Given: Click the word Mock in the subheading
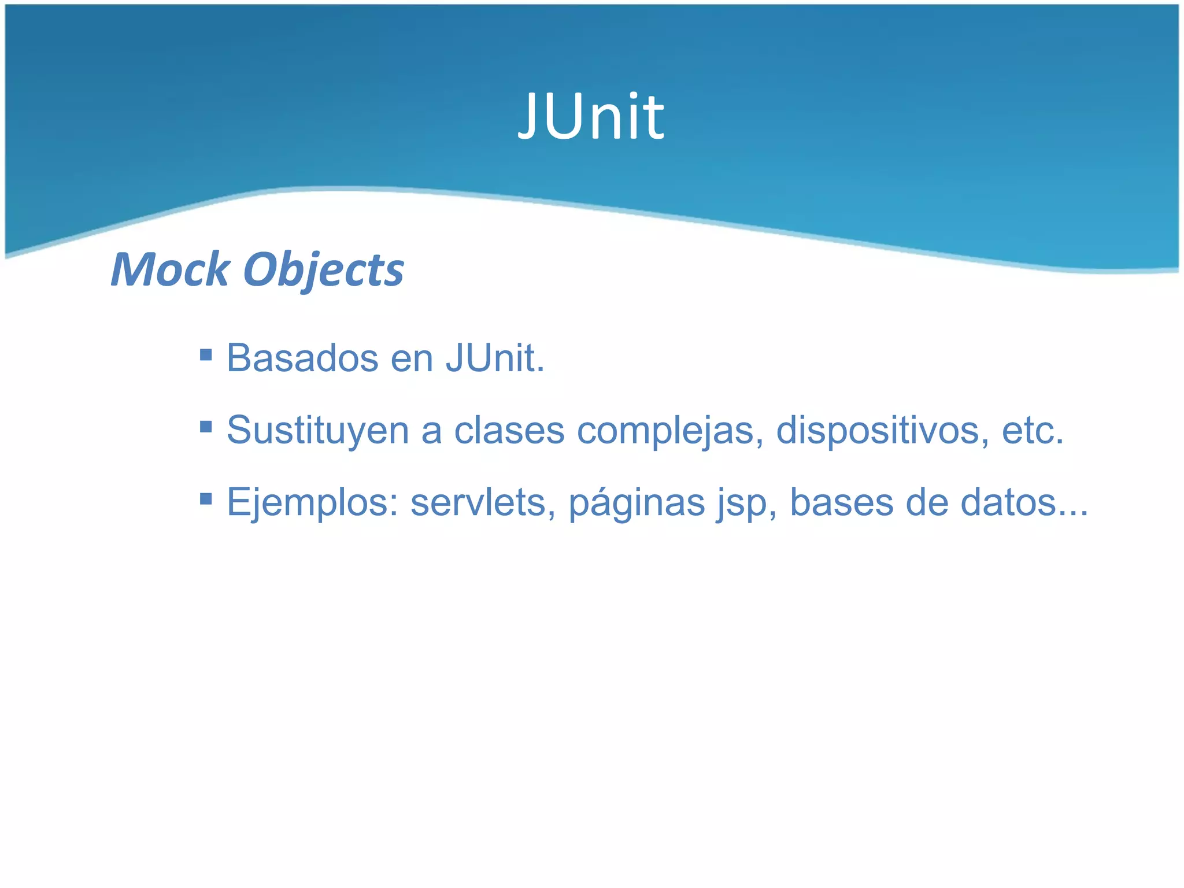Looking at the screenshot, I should pos(170,269).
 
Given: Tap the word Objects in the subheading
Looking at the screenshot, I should pos(323,271).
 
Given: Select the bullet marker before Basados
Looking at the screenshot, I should pos(205,354).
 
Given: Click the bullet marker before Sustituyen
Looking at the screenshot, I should pos(205,427).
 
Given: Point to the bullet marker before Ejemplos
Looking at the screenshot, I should pos(205,498).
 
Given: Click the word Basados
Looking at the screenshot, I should pos(302,358).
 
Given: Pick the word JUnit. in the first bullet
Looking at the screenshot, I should pos(495,358).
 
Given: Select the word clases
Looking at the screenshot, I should pos(509,431).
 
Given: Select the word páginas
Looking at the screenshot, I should pos(637,503).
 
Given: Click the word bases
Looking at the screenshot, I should pos(841,502).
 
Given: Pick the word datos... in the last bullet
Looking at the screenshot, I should pos(1024,502).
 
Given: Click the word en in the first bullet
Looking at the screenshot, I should pos(412,359).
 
